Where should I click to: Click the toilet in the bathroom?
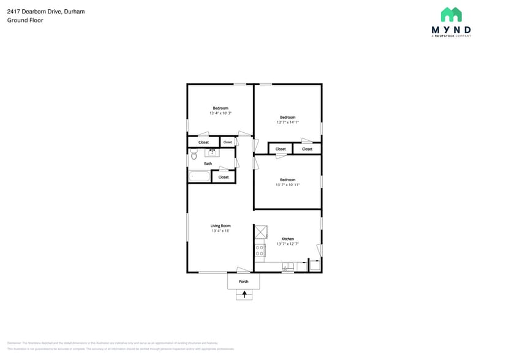(194, 156)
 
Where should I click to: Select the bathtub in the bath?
(200, 176)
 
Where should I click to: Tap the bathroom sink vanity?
(212, 152)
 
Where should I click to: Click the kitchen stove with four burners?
(260, 250)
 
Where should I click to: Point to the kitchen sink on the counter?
(287, 266)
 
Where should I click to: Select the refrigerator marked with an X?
(260, 232)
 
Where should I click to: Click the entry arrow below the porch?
(244, 294)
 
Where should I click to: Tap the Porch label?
(243, 282)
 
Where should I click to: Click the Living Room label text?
(221, 226)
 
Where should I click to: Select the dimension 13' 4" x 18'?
(221, 231)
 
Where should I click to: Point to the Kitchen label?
(287, 239)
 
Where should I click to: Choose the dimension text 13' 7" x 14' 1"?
(287, 122)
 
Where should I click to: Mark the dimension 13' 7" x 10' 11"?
(287, 185)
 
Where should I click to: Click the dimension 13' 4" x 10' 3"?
(221, 113)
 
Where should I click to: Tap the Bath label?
(208, 163)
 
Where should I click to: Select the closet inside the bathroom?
(224, 177)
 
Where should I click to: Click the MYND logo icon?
(451, 15)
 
